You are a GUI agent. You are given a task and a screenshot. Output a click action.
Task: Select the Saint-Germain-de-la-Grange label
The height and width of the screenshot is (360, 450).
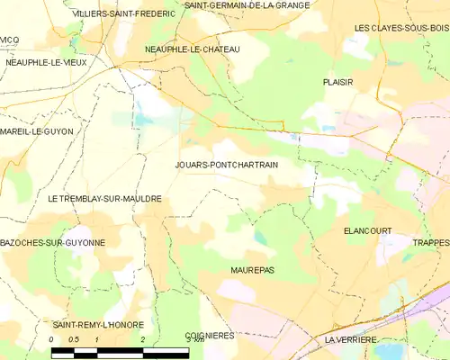coord(247,4)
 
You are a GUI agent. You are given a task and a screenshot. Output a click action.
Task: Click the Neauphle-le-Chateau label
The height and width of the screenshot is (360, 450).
coord(193,49)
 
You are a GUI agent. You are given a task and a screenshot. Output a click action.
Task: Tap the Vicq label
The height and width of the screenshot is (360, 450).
coord(9,40)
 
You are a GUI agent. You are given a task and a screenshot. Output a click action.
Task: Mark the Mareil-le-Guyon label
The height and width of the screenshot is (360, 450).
coord(37,131)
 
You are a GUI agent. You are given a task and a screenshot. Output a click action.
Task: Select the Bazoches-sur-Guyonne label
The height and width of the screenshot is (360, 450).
coord(52,243)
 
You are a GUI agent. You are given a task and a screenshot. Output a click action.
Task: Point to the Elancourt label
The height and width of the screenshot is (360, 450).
coord(367,230)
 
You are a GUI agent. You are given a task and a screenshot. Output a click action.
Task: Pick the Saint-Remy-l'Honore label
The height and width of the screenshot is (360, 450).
coord(93,323)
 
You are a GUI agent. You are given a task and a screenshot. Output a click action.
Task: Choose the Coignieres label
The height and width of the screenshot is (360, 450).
coord(210,335)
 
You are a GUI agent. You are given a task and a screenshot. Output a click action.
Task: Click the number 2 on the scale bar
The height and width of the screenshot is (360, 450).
coord(142,339)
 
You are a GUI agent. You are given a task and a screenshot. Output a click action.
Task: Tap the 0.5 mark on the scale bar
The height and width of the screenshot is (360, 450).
coord(75,339)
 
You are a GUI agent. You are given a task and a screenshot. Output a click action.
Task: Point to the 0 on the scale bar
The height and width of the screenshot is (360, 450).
coord(52,339)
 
